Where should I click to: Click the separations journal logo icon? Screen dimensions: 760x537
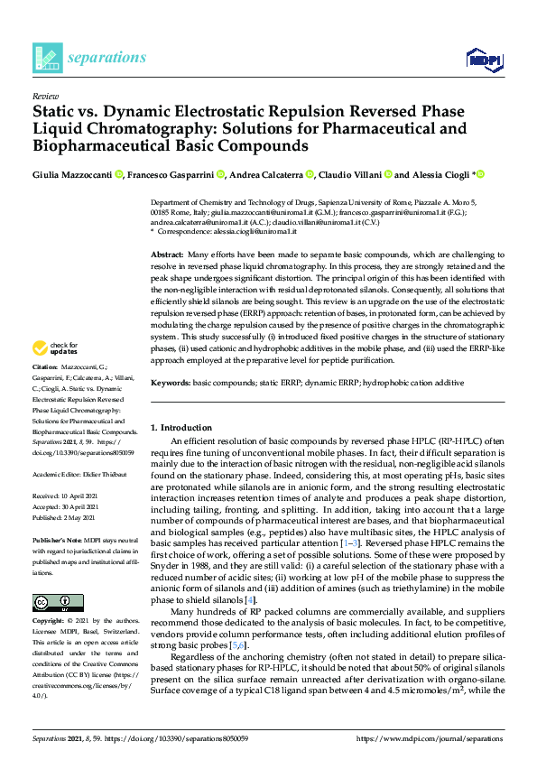tap(46, 59)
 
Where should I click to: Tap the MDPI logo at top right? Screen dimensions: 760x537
tap(484, 60)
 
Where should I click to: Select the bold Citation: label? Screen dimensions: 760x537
tap(45, 394)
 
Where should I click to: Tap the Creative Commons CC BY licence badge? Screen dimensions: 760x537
tap(58, 602)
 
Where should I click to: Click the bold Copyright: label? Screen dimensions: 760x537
tap(51, 622)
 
